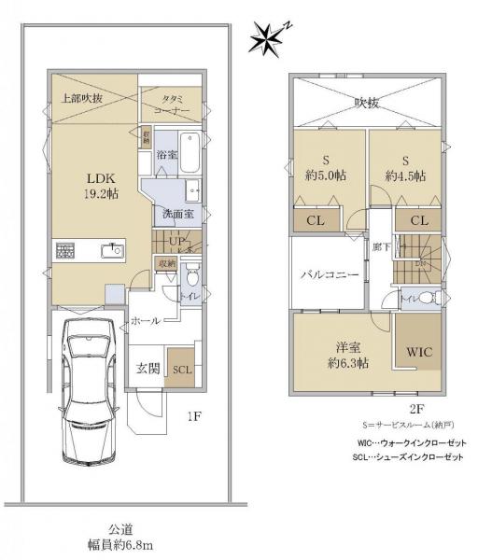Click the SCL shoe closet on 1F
183,369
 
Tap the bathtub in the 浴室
190,154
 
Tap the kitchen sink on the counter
113,249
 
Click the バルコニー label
330,276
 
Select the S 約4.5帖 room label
405,166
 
